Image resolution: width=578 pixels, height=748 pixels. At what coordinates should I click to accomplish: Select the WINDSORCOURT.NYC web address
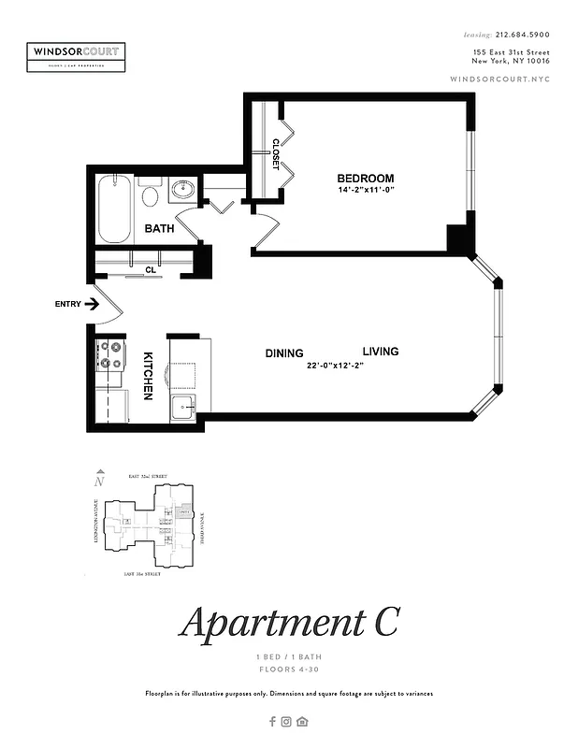(x=499, y=79)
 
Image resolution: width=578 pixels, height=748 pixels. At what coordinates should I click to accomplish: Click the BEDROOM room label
(x=366, y=179)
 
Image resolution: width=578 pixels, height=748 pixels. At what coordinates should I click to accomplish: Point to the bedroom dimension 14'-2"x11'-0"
(x=368, y=191)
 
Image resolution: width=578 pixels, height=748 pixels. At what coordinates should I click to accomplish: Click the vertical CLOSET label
(x=277, y=155)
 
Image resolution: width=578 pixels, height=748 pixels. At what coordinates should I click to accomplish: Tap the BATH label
(x=159, y=228)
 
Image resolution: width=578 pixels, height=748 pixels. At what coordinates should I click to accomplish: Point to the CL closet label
(x=150, y=270)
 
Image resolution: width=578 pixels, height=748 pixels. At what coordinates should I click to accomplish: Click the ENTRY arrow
(x=93, y=304)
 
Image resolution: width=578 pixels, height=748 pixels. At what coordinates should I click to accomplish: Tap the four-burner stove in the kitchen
(x=110, y=353)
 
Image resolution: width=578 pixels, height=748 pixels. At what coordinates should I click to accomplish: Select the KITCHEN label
(x=148, y=376)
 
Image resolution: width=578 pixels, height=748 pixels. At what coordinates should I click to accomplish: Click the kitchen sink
(x=182, y=407)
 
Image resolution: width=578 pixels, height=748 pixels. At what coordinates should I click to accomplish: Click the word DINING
(x=284, y=353)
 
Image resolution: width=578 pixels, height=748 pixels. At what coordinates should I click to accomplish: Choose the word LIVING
(x=381, y=352)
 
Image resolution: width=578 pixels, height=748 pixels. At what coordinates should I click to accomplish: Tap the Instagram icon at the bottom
(x=287, y=721)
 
